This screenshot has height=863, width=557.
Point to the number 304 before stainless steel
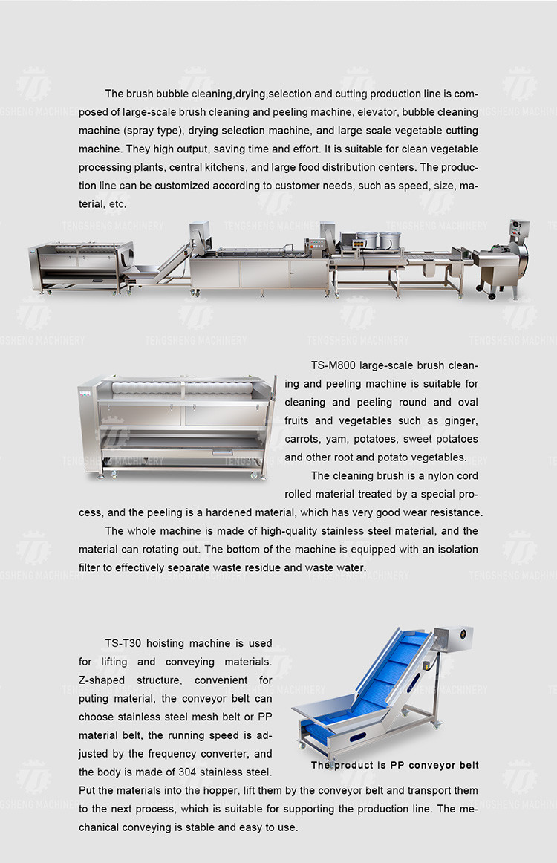(187, 772)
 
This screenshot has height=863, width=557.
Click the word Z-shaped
(102, 681)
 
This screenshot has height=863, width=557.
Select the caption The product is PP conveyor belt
(394, 765)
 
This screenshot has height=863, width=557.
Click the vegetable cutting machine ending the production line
(502, 261)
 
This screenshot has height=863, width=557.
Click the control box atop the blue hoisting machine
(454, 639)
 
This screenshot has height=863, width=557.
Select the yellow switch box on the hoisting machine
(426, 664)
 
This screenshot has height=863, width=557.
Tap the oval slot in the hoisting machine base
(357, 737)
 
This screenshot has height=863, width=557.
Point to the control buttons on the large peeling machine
(84, 392)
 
